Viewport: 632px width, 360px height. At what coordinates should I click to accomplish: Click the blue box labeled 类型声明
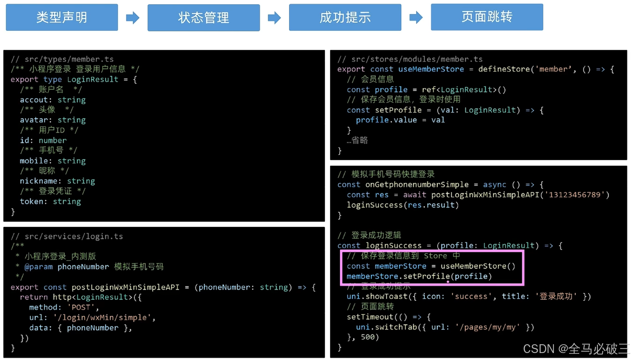pyautogui.click(x=62, y=17)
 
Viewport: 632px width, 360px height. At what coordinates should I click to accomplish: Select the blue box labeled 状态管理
pyautogui.click(x=203, y=18)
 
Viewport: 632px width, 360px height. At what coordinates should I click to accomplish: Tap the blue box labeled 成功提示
pyautogui.click(x=345, y=17)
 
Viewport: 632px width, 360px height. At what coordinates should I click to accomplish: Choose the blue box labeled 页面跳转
pyautogui.click(x=487, y=17)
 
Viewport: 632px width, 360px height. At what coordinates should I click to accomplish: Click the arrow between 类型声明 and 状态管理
pyautogui.click(x=133, y=18)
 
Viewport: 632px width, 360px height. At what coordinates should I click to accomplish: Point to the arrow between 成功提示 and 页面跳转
pyautogui.click(x=416, y=17)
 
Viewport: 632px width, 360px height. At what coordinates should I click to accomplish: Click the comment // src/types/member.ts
pyautogui.click(x=62, y=59)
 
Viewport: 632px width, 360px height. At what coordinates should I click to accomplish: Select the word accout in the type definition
pyautogui.click(x=34, y=100)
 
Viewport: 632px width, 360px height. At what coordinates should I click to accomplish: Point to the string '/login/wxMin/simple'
pyautogui.click(x=103, y=317)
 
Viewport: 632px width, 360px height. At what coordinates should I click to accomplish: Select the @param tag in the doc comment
pyautogui.click(x=38, y=267)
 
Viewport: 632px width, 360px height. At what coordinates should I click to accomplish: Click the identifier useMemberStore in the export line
pyautogui.click(x=431, y=69)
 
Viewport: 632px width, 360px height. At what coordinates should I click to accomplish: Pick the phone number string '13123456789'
pyautogui.click(x=574, y=195)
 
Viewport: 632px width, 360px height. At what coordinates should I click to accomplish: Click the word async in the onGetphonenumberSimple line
pyautogui.click(x=495, y=184)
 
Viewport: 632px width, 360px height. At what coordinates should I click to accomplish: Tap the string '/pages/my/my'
pyautogui.click(x=488, y=327)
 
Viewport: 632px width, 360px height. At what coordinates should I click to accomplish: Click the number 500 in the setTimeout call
pyautogui.click(x=368, y=337)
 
